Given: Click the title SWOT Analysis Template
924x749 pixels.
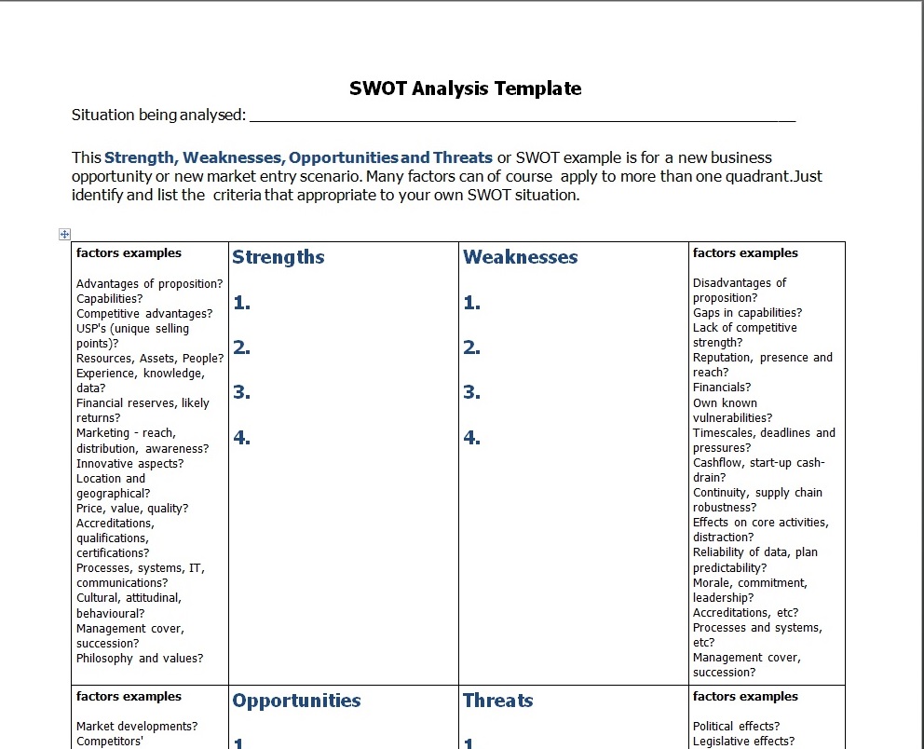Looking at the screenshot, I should (465, 89).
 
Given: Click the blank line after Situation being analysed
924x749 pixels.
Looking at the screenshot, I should (522, 116).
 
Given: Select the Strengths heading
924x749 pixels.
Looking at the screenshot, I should (279, 257).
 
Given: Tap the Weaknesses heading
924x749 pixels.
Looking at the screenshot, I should (520, 257).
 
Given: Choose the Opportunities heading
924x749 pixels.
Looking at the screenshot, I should (296, 701).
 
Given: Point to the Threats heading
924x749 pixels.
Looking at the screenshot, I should (497, 701).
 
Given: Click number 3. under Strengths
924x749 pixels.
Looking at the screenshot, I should (241, 392).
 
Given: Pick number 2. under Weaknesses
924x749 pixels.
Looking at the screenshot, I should (471, 347).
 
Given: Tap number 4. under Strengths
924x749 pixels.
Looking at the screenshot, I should (241, 437).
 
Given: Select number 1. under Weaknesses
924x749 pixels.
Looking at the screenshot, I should (471, 303).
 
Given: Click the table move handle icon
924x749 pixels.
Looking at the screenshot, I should (65, 234).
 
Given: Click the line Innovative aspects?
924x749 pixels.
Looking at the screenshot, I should (129, 463).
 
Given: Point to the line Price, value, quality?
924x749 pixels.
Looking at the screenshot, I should (132, 508).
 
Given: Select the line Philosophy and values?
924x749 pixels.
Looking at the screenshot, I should (140, 658).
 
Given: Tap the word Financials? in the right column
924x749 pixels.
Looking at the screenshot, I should (721, 387).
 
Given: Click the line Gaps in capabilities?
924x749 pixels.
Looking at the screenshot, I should (747, 312).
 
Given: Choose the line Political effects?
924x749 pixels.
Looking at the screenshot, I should (736, 726).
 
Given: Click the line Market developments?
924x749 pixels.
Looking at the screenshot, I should (137, 726).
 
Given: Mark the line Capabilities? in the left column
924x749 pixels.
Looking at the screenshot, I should (109, 298).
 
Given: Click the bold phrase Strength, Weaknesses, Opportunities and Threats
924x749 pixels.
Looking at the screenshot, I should (298, 157).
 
